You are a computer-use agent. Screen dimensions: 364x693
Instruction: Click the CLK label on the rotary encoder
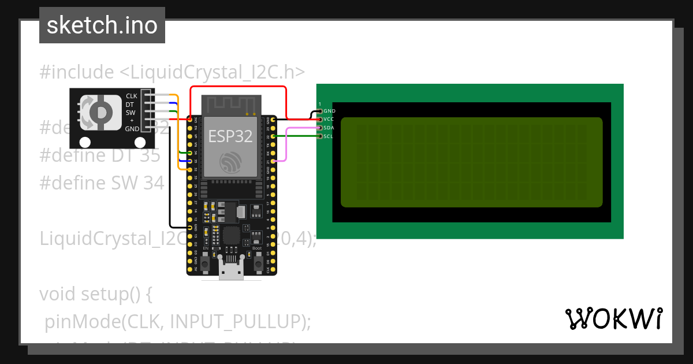click(x=132, y=96)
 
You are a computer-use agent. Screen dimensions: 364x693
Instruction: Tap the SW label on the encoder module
click(x=131, y=112)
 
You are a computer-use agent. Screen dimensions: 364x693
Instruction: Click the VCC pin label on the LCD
click(x=329, y=119)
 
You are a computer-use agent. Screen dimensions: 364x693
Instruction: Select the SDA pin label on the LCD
click(x=329, y=128)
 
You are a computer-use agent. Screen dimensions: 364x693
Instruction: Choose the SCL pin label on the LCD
click(x=328, y=136)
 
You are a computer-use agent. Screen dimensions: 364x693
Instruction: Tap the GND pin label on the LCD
click(x=329, y=110)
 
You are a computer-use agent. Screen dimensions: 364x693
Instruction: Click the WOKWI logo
click(x=614, y=318)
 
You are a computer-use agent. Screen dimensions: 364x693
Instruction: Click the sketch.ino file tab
click(x=102, y=25)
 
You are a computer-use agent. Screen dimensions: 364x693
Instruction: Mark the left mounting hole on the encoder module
click(x=85, y=142)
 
